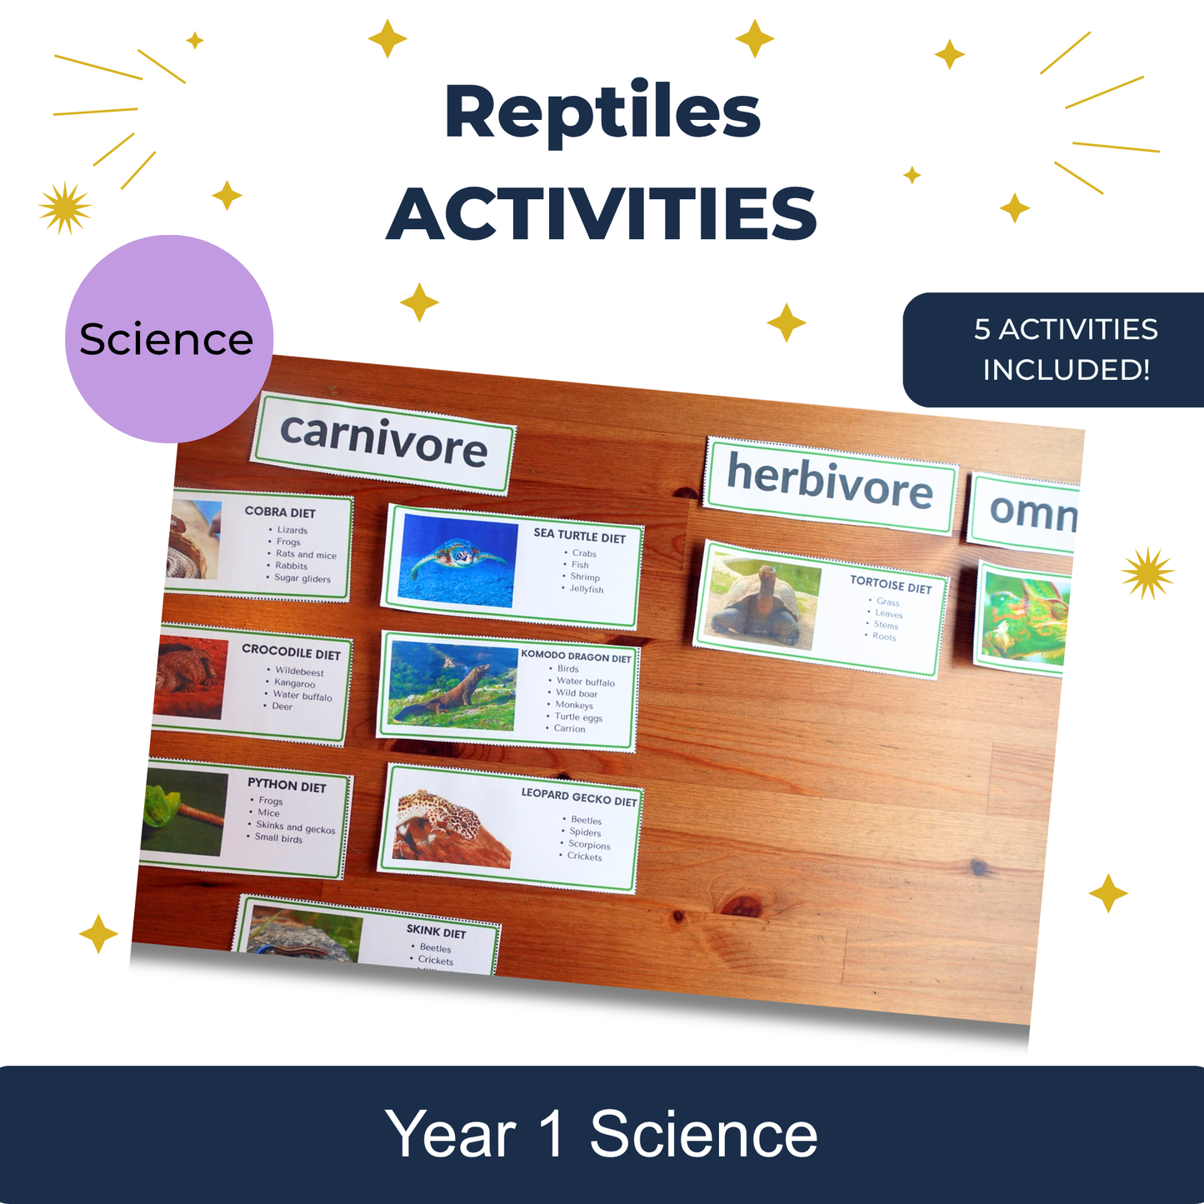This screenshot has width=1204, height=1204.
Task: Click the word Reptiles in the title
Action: (x=602, y=112)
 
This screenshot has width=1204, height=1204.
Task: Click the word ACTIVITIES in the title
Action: (x=602, y=213)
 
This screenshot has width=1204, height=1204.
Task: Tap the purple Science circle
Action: (x=169, y=339)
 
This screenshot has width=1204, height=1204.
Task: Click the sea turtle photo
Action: (x=457, y=560)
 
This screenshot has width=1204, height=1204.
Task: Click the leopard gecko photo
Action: (x=452, y=828)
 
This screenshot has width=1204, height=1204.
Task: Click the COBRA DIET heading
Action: (x=280, y=512)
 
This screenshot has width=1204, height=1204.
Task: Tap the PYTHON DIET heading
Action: (x=287, y=785)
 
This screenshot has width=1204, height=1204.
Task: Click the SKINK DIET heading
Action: (x=436, y=932)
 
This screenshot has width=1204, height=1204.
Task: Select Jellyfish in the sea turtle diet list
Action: (x=586, y=589)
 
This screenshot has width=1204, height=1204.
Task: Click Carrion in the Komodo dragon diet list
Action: (x=569, y=728)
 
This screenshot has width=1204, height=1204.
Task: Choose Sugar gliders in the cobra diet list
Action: (x=302, y=578)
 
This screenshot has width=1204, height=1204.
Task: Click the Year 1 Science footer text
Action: (x=602, y=1134)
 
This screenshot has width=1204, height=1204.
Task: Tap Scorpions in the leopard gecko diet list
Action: (x=589, y=844)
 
